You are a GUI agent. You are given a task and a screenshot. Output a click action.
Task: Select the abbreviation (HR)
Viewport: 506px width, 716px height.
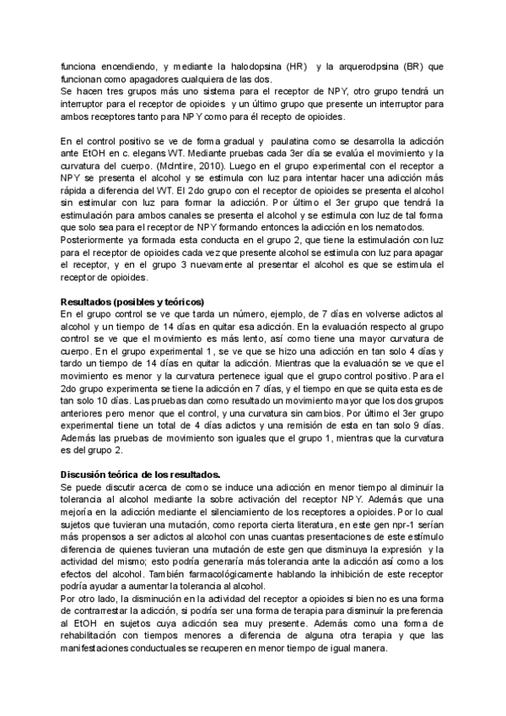(x=297, y=66)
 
